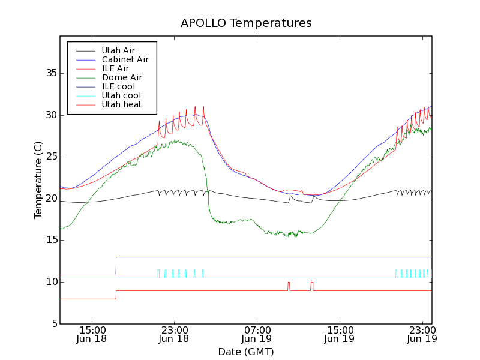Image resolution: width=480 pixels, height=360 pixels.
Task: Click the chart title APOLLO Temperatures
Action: (246, 23)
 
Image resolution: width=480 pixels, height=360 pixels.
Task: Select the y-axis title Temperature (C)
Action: (38, 180)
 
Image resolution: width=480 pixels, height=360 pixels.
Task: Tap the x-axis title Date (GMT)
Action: (246, 352)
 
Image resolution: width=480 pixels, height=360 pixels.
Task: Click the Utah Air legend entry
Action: (118, 50)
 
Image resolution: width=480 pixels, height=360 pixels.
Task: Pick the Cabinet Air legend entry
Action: (125, 59)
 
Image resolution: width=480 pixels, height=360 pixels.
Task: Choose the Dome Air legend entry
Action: (122, 77)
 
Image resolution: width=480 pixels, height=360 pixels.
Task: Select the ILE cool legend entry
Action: (118, 86)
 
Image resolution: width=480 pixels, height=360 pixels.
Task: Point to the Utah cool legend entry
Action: (121, 95)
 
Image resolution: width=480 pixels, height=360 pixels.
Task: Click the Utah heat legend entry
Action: (122, 104)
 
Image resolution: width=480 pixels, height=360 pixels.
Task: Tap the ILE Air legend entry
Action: (115, 68)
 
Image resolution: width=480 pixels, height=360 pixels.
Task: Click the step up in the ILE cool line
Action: (116, 265)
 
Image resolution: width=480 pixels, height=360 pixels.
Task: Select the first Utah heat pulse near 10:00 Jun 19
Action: (289, 286)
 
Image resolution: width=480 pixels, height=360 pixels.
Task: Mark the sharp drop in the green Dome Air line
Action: (208, 192)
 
